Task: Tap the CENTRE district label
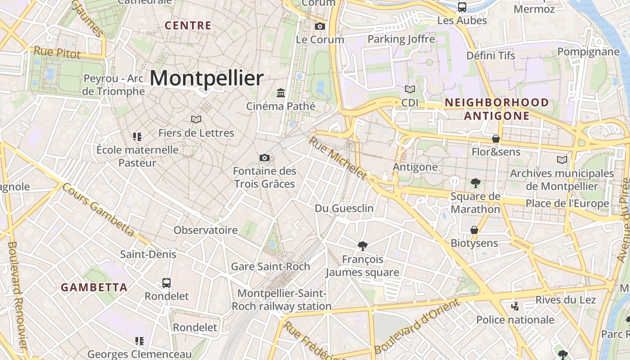(x=188, y=26)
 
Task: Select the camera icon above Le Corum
(x=320, y=27)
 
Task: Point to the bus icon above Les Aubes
(x=462, y=7)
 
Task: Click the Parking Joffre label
(x=401, y=39)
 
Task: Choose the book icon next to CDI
(x=409, y=90)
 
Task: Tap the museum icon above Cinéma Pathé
(x=281, y=93)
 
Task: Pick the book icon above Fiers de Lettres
(x=196, y=119)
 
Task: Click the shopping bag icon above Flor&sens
(x=496, y=139)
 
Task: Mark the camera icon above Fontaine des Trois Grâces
(x=265, y=157)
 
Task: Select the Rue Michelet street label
(x=337, y=158)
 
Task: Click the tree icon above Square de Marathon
(x=475, y=183)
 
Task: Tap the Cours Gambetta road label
(x=98, y=210)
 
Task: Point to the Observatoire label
(x=206, y=230)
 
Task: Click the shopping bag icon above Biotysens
(x=474, y=230)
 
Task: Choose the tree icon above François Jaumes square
(x=362, y=246)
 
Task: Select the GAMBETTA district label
(x=94, y=288)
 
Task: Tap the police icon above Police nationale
(x=515, y=306)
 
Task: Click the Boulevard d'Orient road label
(x=417, y=326)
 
